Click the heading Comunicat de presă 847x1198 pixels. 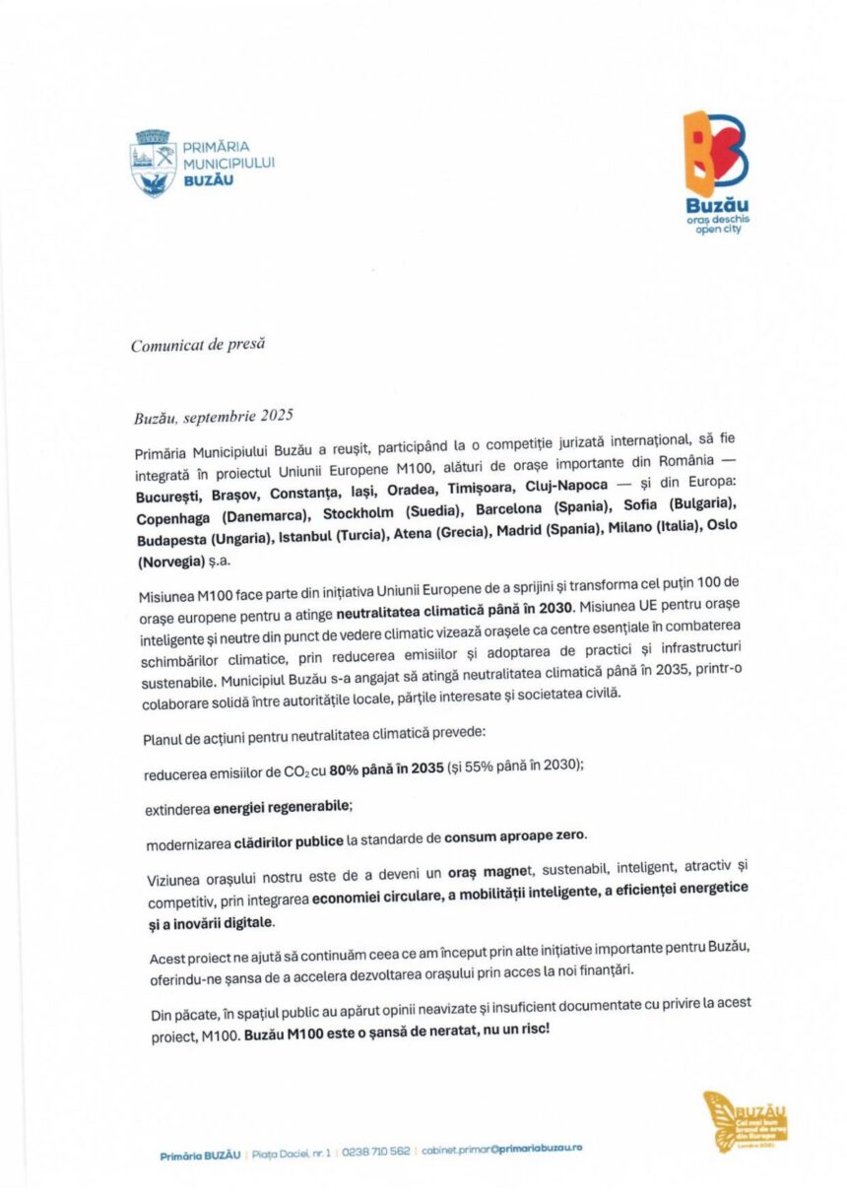[197, 344]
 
